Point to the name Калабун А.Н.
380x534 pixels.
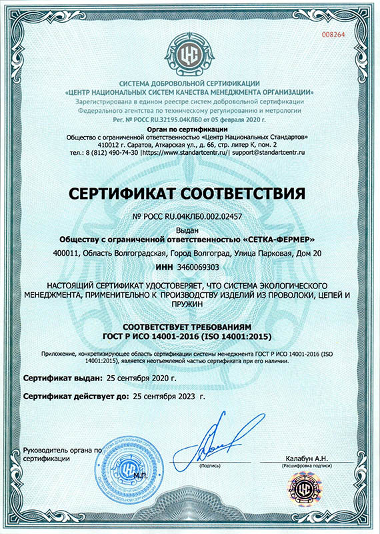[306, 458]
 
